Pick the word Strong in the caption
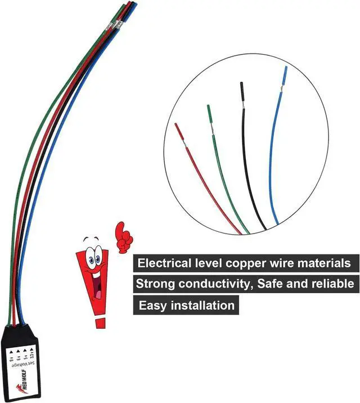155,284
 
